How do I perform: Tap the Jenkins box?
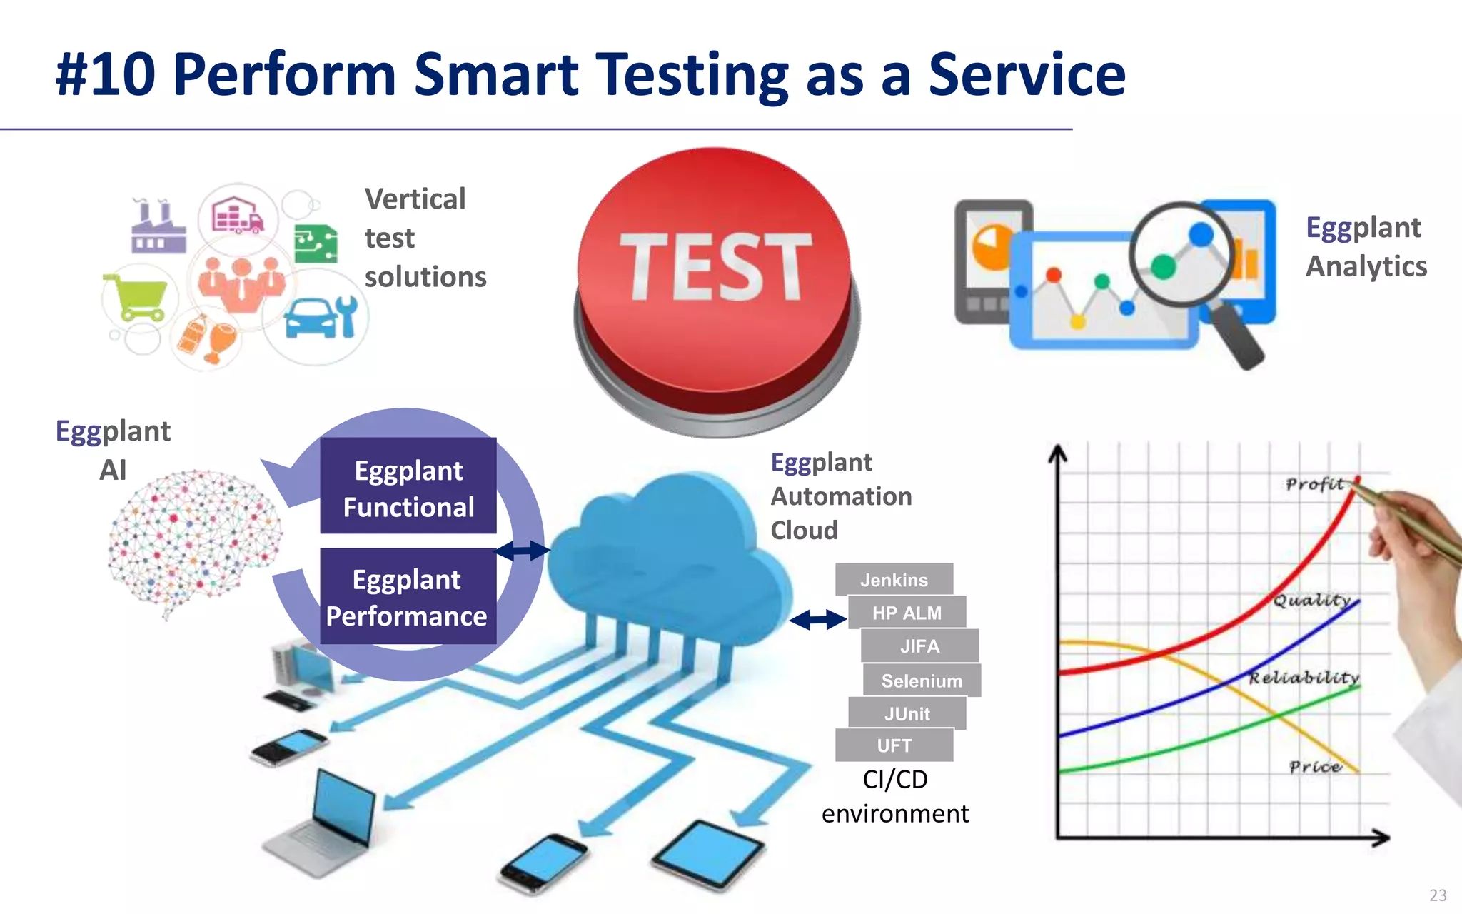pos(894,579)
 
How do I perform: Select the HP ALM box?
pos(907,613)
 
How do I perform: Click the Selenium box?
pos(921,681)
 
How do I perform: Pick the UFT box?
pos(894,745)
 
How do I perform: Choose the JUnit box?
pos(907,713)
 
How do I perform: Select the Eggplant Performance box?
pos(408,596)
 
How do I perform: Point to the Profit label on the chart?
pos(1314,485)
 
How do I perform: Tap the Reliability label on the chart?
pos(1304,677)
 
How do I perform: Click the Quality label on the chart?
pos(1312,600)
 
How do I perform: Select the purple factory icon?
pos(158,227)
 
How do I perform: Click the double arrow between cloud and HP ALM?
pos(818,619)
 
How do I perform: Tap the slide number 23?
pos(1438,895)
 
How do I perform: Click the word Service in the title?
pos(1026,75)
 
